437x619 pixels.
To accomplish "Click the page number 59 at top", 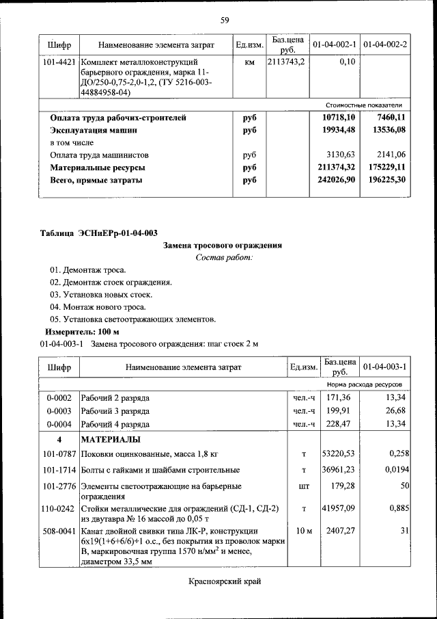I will point(224,19).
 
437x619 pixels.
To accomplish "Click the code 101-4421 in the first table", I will point(59,62).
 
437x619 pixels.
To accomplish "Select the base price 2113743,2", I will point(287,62).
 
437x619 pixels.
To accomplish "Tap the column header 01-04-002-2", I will point(385,45).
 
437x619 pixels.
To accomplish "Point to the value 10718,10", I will point(338,118).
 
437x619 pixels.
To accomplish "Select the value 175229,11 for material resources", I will point(384,167).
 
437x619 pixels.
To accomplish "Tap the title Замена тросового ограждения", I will point(223,246).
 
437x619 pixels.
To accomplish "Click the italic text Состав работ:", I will point(223,257).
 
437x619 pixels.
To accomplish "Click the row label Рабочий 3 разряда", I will point(115,410).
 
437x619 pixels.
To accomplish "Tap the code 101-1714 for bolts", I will point(59,470).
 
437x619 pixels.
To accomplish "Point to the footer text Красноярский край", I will point(225,582).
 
